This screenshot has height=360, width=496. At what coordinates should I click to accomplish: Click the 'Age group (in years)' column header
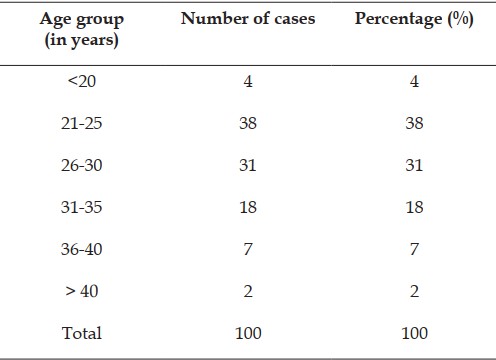point(82,30)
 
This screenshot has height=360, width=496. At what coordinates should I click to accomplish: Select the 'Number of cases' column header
point(248,19)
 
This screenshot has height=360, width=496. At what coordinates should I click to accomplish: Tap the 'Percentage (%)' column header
point(414,19)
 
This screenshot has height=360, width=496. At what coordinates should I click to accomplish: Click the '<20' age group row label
point(82,81)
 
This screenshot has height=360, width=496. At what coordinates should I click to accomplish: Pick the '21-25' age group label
point(81,123)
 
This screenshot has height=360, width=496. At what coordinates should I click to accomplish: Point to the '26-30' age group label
point(81,165)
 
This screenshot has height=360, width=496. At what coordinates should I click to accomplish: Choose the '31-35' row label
point(81,207)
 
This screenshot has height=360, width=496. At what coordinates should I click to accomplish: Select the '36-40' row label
point(81,249)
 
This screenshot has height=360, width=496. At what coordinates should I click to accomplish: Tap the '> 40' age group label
point(82,291)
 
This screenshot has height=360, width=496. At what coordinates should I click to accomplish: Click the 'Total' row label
point(82,333)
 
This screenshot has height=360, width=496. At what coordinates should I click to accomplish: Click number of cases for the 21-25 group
point(248,123)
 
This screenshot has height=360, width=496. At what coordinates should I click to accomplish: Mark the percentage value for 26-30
point(414,165)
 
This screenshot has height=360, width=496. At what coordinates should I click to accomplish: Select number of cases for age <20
point(248,81)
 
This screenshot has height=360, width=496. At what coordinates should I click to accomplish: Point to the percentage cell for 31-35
point(414,207)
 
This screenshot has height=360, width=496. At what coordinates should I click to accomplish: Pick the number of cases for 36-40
point(248,249)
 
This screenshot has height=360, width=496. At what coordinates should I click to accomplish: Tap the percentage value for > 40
point(414,291)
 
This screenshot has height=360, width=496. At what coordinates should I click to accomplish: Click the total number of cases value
point(248,333)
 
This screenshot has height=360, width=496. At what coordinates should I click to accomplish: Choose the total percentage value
point(414,333)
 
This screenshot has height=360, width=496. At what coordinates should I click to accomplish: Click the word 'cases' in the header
point(295,19)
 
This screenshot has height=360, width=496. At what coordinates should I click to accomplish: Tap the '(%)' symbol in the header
point(460,19)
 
